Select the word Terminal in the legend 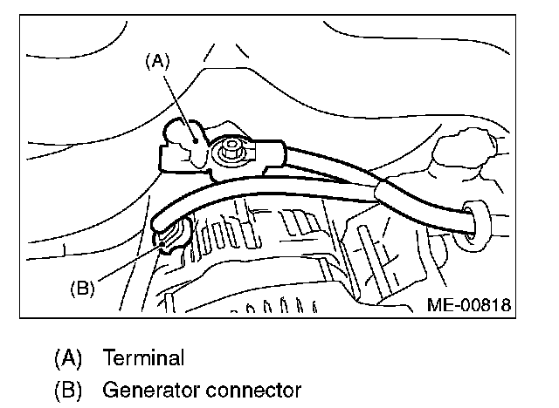coord(143,357)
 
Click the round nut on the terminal coord(232,151)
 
